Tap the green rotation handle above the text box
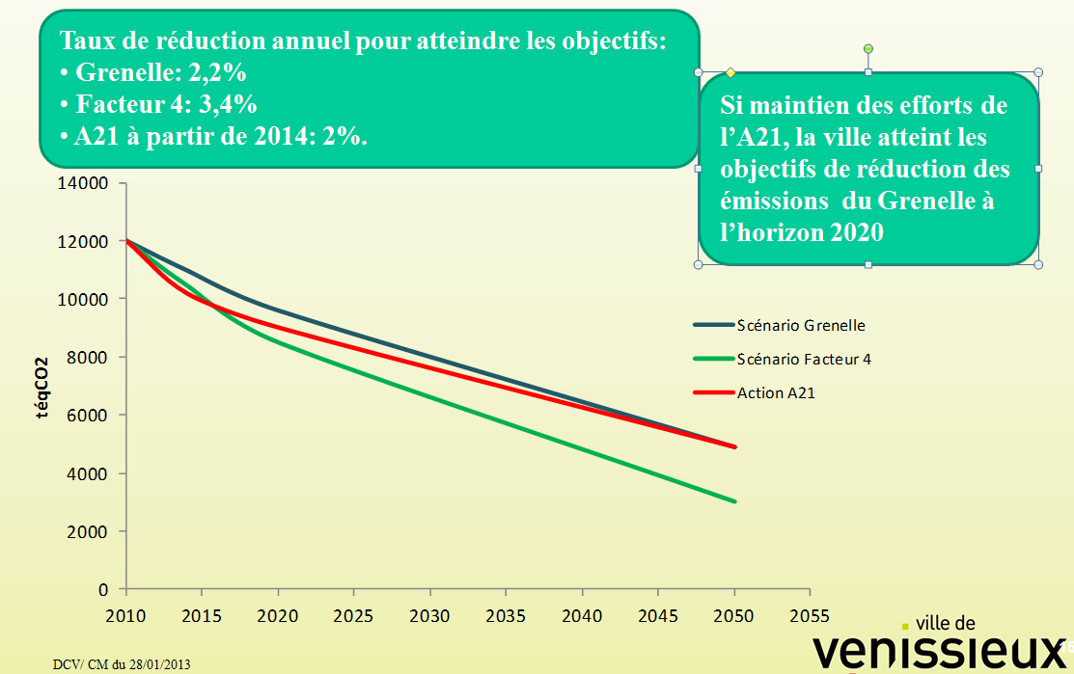tap(868, 48)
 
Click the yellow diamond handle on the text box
tap(730, 72)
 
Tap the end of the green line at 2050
tap(734, 501)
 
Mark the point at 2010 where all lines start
tap(126, 241)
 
